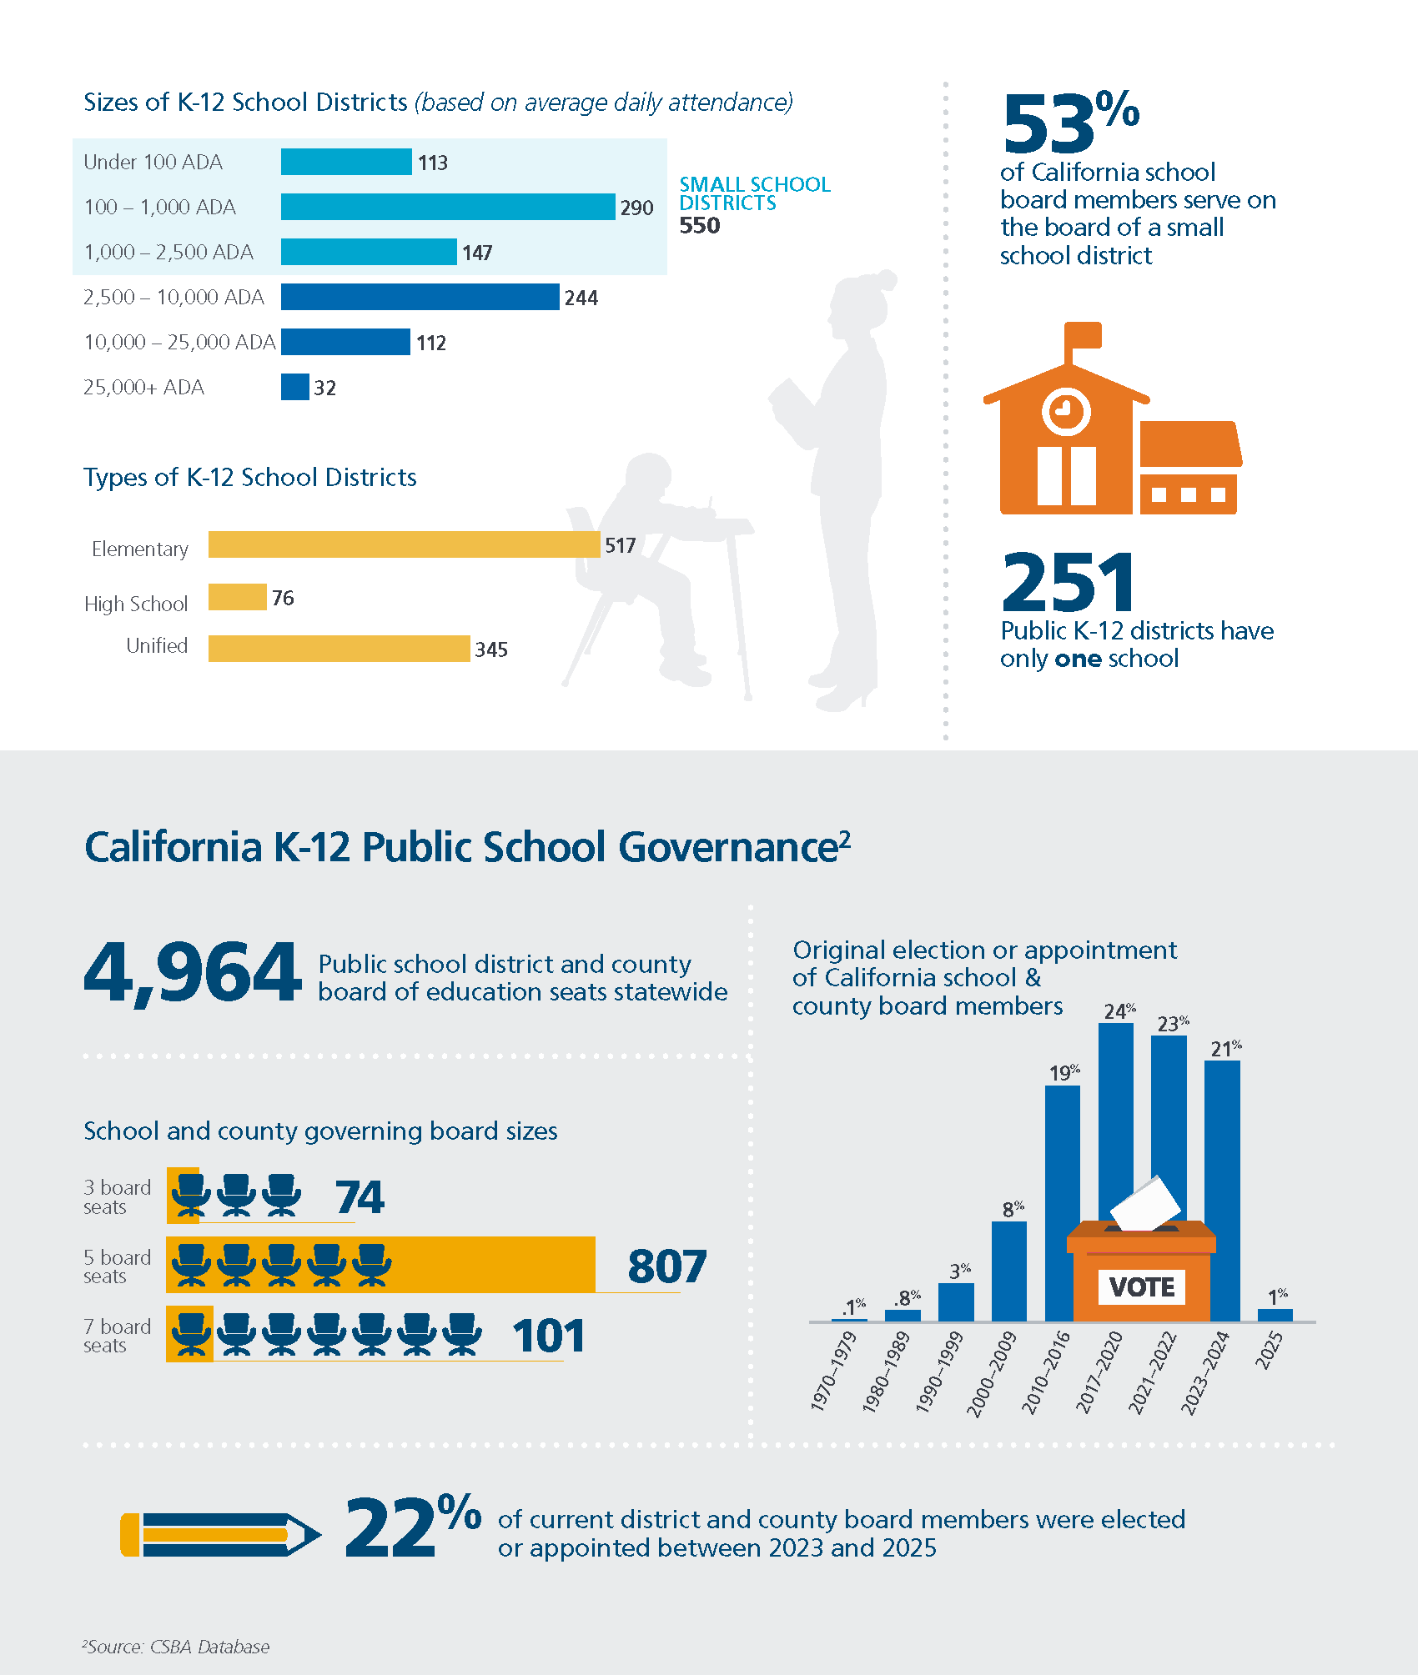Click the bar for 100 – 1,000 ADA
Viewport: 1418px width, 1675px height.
click(448, 207)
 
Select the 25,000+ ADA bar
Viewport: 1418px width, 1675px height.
click(295, 387)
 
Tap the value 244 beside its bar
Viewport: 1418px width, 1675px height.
click(581, 298)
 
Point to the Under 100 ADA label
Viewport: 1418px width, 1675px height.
click(153, 162)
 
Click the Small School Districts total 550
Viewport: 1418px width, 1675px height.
click(700, 226)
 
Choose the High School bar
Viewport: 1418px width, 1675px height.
click(237, 597)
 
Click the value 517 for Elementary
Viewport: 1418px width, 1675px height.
click(621, 545)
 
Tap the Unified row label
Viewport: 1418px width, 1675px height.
click(157, 645)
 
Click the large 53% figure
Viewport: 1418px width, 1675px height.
click(1071, 123)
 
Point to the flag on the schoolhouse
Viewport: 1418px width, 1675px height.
click(1084, 336)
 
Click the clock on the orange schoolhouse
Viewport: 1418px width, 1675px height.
click(1066, 411)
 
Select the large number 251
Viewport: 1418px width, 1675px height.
click(1069, 583)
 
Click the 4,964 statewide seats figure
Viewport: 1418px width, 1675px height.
click(193, 972)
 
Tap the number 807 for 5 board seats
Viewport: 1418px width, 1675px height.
click(667, 1266)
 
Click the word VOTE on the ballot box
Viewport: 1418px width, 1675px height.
click(1142, 1286)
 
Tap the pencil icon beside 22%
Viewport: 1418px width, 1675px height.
click(220, 1534)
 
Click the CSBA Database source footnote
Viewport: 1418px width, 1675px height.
click(176, 1647)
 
